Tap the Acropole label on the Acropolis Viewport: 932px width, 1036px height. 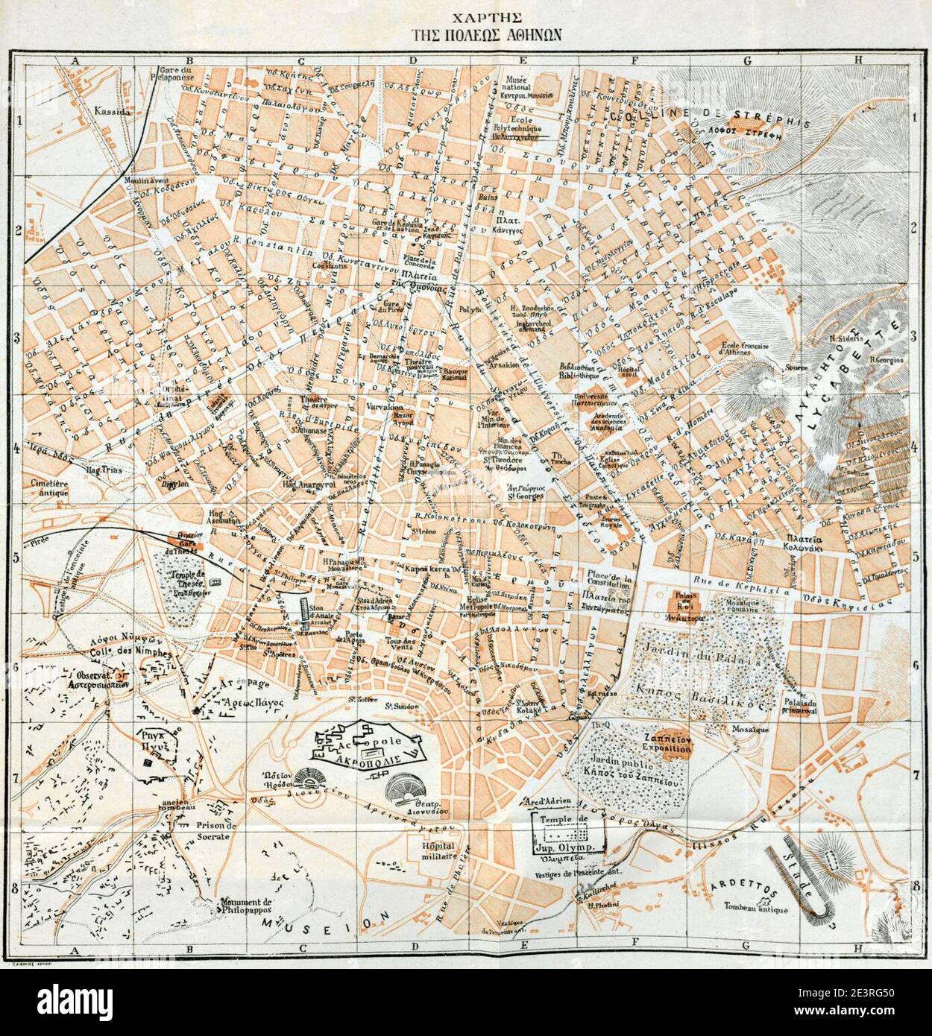(371, 743)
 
